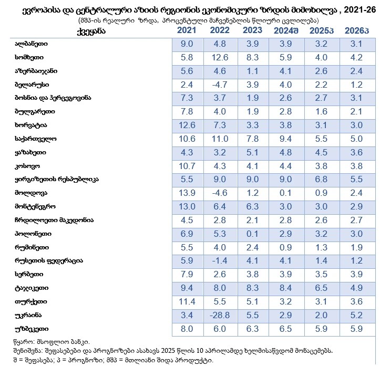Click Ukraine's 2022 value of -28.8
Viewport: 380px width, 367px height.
pyautogui.click(x=220, y=315)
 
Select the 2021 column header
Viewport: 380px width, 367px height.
pyautogui.click(x=187, y=30)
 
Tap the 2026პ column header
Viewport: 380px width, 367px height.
pyautogui.click(x=357, y=30)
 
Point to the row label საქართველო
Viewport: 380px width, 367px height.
pyautogui.click(x=36, y=139)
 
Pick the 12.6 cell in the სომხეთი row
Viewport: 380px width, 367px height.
pyautogui.click(x=220, y=57)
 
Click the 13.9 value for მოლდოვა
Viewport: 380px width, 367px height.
pyautogui.click(x=187, y=193)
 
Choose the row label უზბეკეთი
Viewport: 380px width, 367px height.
pyautogui.click(x=32, y=329)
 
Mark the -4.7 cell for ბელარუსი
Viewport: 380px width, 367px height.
pyautogui.click(x=220, y=85)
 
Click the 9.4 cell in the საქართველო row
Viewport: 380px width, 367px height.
pyautogui.click(x=285, y=139)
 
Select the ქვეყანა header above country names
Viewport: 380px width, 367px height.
pyautogui.click(x=91, y=32)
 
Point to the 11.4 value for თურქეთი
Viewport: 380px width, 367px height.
pyautogui.click(x=187, y=302)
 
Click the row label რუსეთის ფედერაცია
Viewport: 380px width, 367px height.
pyautogui.click(x=49, y=261)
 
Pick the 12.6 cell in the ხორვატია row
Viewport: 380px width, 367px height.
pyautogui.click(x=187, y=125)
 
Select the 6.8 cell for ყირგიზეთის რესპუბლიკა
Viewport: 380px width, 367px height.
pyautogui.click(x=321, y=179)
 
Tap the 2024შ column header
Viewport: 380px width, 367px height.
pyautogui.click(x=286, y=30)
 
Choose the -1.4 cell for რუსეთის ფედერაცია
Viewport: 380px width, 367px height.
pyautogui.click(x=220, y=260)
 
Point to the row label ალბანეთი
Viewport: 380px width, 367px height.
pyautogui.click(x=31, y=44)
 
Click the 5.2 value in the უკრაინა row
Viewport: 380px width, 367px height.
pyautogui.click(x=356, y=315)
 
